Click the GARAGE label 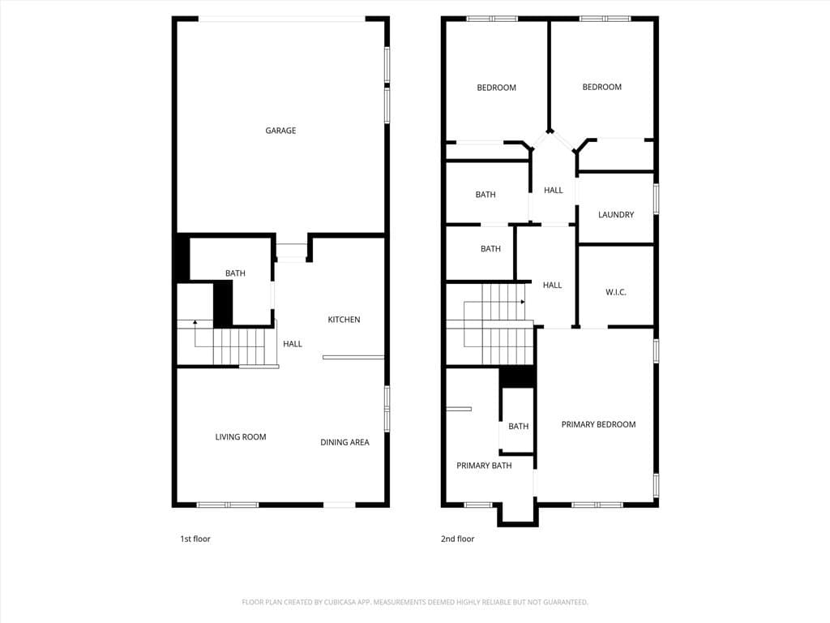(x=280, y=131)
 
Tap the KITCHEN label (x=344, y=320)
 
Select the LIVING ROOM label (x=241, y=437)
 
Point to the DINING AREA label (x=344, y=442)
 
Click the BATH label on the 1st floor (x=235, y=273)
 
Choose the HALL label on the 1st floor (x=293, y=344)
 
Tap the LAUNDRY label (x=616, y=215)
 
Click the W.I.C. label (x=616, y=292)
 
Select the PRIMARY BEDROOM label (x=598, y=424)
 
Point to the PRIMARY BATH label (x=484, y=466)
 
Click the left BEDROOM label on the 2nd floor (x=496, y=88)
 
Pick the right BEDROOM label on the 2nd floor (x=602, y=87)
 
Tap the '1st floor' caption (x=195, y=539)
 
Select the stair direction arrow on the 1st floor (x=195, y=322)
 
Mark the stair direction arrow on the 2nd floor (x=523, y=302)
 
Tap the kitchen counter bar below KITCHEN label (x=353, y=357)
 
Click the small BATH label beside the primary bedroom (x=518, y=427)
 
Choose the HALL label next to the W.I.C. (x=552, y=286)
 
